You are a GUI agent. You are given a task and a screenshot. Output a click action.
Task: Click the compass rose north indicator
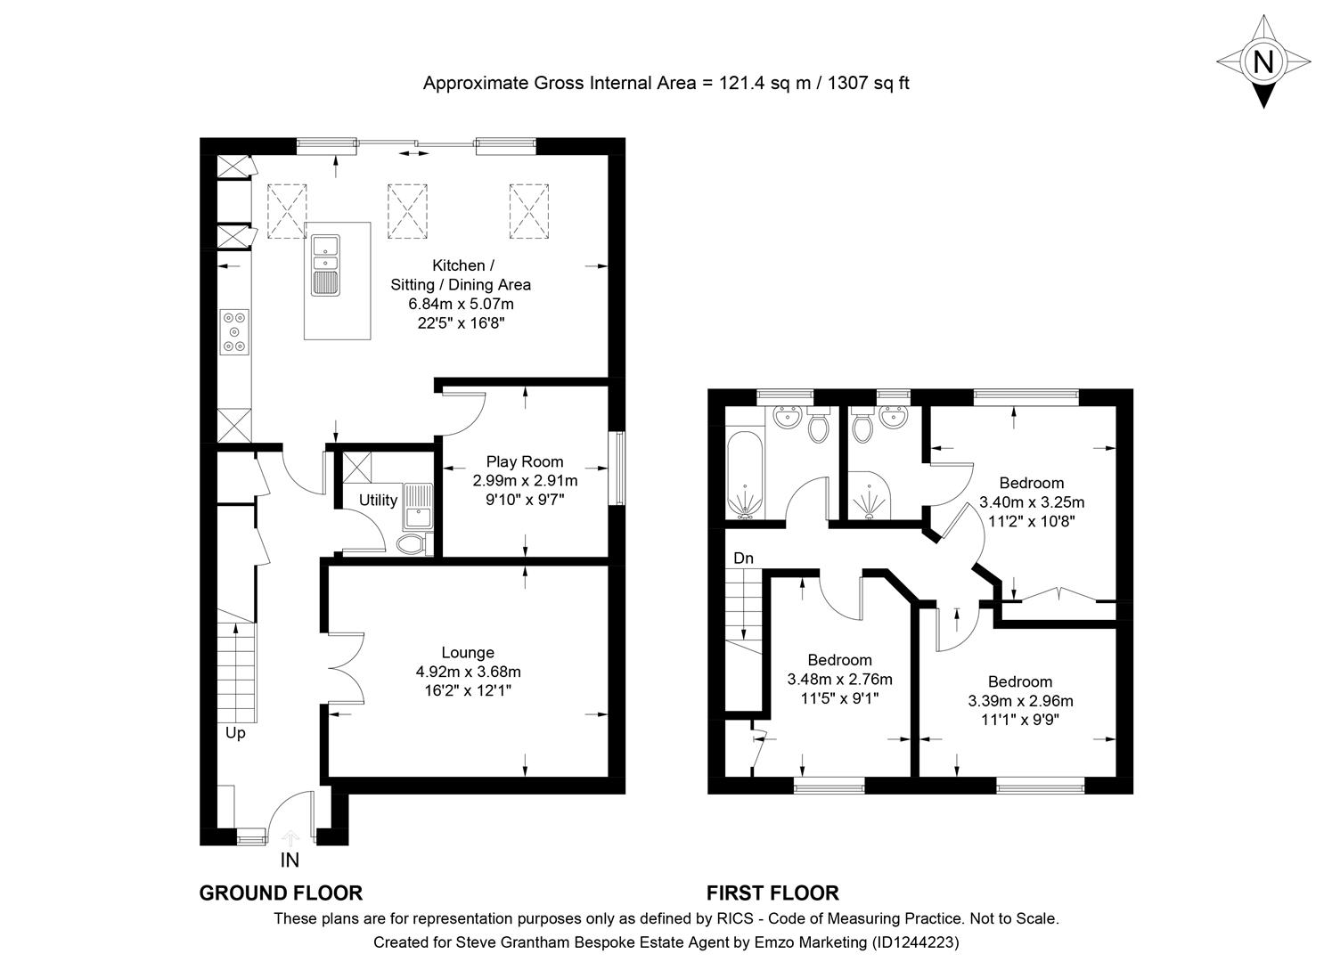click(x=1263, y=61)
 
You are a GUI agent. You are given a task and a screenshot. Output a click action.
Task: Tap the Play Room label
click(x=524, y=461)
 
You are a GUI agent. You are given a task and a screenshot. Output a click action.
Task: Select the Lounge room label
click(x=468, y=652)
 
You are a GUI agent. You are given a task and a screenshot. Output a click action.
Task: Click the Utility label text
click(x=378, y=500)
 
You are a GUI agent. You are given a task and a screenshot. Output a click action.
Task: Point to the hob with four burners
click(x=235, y=332)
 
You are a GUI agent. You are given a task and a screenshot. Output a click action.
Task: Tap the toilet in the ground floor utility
click(x=413, y=543)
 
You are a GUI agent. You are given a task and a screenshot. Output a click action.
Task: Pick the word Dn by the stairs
click(x=743, y=558)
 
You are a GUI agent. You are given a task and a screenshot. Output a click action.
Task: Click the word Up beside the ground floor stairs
click(x=235, y=733)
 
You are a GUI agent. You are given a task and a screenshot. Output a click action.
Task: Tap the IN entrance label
click(x=290, y=860)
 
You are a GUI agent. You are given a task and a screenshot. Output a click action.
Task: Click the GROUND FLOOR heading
click(x=280, y=893)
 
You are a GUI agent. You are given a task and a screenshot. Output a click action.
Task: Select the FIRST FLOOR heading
click(x=772, y=893)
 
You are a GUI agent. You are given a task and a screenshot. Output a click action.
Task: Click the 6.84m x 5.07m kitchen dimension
click(x=461, y=304)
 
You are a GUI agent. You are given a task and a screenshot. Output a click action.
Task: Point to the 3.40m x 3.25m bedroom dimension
click(x=1032, y=501)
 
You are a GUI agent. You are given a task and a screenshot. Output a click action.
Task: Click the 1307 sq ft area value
click(x=869, y=84)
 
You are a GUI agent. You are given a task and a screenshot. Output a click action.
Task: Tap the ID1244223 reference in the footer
click(x=916, y=942)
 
